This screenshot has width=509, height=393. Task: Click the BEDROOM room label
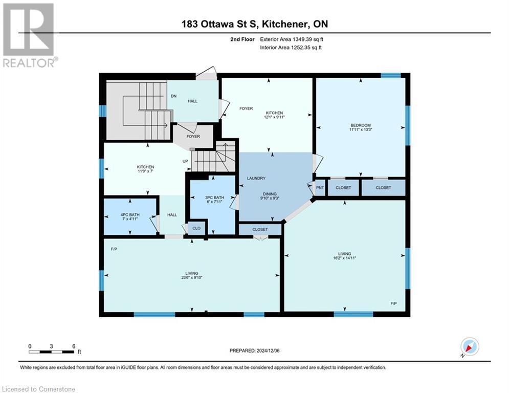click(x=361, y=125)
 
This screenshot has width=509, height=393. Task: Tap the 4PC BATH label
click(x=130, y=214)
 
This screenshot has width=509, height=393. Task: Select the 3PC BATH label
click(x=215, y=198)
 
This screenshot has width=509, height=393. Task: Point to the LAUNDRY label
click(x=256, y=178)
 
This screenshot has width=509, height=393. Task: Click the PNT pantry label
click(x=320, y=188)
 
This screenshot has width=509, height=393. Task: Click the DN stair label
click(x=173, y=96)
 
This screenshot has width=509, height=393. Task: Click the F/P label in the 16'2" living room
click(x=393, y=303)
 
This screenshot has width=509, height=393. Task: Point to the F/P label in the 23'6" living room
click(x=113, y=249)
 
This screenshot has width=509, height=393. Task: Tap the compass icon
click(x=469, y=347)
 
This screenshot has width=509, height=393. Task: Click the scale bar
click(x=52, y=352)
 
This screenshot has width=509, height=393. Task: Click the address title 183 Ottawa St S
click(x=254, y=24)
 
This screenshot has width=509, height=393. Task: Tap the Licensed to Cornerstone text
click(x=39, y=389)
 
